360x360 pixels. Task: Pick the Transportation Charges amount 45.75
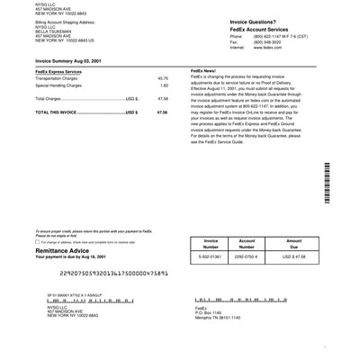(163, 78)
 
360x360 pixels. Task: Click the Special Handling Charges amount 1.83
(164, 85)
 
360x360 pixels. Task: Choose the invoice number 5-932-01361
(211, 256)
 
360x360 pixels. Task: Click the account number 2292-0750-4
(247, 256)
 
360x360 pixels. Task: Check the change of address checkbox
(37, 241)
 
